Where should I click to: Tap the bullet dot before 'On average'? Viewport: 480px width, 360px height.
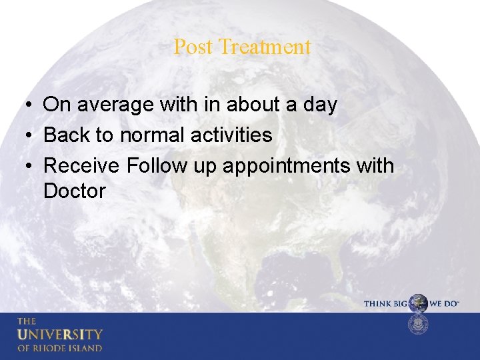23,105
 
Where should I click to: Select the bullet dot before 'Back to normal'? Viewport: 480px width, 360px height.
23,136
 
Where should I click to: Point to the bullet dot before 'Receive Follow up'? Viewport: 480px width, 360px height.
23,166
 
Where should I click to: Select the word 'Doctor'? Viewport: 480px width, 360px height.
74,191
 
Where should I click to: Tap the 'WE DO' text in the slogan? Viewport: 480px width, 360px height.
444,303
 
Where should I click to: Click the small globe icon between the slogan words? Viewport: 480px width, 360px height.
418,303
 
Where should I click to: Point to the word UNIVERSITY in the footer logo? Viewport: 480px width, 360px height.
59,334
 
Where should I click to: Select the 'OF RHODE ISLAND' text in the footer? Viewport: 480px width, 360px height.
59,348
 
